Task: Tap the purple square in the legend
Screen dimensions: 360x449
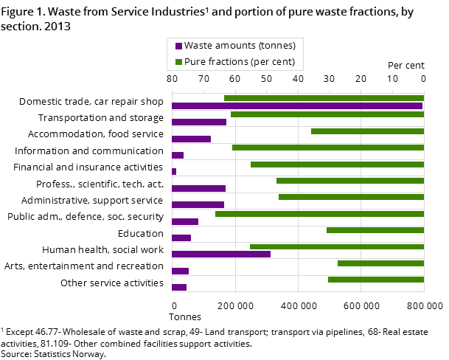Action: pyautogui.click(x=178, y=46)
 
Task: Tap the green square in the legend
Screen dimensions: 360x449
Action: pyautogui.click(x=178, y=62)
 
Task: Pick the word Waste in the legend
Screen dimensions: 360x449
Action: pyautogui.click(x=198, y=46)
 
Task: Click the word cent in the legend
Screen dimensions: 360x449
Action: pyautogui.click(x=284, y=62)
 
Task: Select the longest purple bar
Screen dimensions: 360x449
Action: pyautogui.click(x=297, y=105)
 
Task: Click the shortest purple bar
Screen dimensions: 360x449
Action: pyautogui.click(x=174, y=172)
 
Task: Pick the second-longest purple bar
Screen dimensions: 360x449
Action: pyautogui.click(x=221, y=255)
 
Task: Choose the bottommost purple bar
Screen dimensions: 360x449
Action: pyautogui.click(x=179, y=288)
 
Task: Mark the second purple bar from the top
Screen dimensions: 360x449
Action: pyautogui.click(x=199, y=122)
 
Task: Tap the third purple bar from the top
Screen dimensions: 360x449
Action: pyautogui.click(x=191, y=139)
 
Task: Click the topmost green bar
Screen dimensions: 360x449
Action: pyautogui.click(x=324, y=98)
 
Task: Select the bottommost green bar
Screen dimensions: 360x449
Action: pyautogui.click(x=376, y=280)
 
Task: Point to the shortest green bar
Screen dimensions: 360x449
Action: pyautogui.click(x=380, y=263)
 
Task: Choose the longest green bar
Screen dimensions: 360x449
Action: pyautogui.click(x=319, y=214)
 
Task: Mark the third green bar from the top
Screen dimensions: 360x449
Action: pyautogui.click(x=367, y=131)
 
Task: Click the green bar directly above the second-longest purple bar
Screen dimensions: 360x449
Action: pyautogui.click(x=337, y=246)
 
